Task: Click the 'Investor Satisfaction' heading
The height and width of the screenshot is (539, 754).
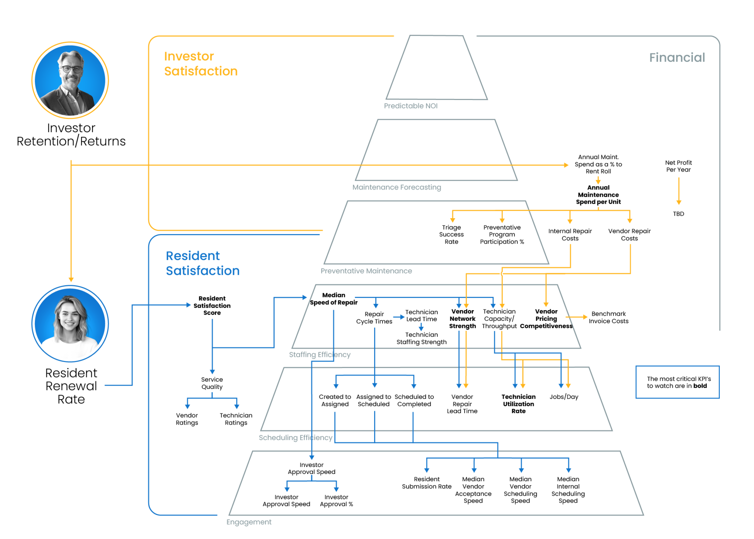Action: click(201, 64)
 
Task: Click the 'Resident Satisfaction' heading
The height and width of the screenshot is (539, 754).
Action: click(202, 263)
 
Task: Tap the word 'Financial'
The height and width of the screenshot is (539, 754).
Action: click(677, 57)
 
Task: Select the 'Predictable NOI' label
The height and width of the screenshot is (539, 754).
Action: click(411, 106)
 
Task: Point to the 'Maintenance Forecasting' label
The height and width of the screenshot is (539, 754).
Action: click(397, 187)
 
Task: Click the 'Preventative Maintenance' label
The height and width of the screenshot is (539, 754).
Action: click(366, 271)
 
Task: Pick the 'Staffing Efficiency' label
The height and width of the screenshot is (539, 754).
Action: click(320, 355)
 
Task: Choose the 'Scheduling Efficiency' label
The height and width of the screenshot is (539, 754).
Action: click(295, 438)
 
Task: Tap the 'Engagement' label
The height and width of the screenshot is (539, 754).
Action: click(249, 522)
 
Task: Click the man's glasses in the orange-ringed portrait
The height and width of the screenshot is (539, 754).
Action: click(71, 69)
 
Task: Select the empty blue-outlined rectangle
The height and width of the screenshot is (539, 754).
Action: click(677, 382)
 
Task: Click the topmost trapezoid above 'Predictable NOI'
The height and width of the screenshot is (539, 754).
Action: click(437, 68)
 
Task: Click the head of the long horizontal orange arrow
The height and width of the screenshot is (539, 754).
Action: click(567, 165)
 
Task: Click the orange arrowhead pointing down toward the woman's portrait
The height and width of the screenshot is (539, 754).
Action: click(71, 280)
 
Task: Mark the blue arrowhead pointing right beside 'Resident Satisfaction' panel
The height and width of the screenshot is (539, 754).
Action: click(189, 305)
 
